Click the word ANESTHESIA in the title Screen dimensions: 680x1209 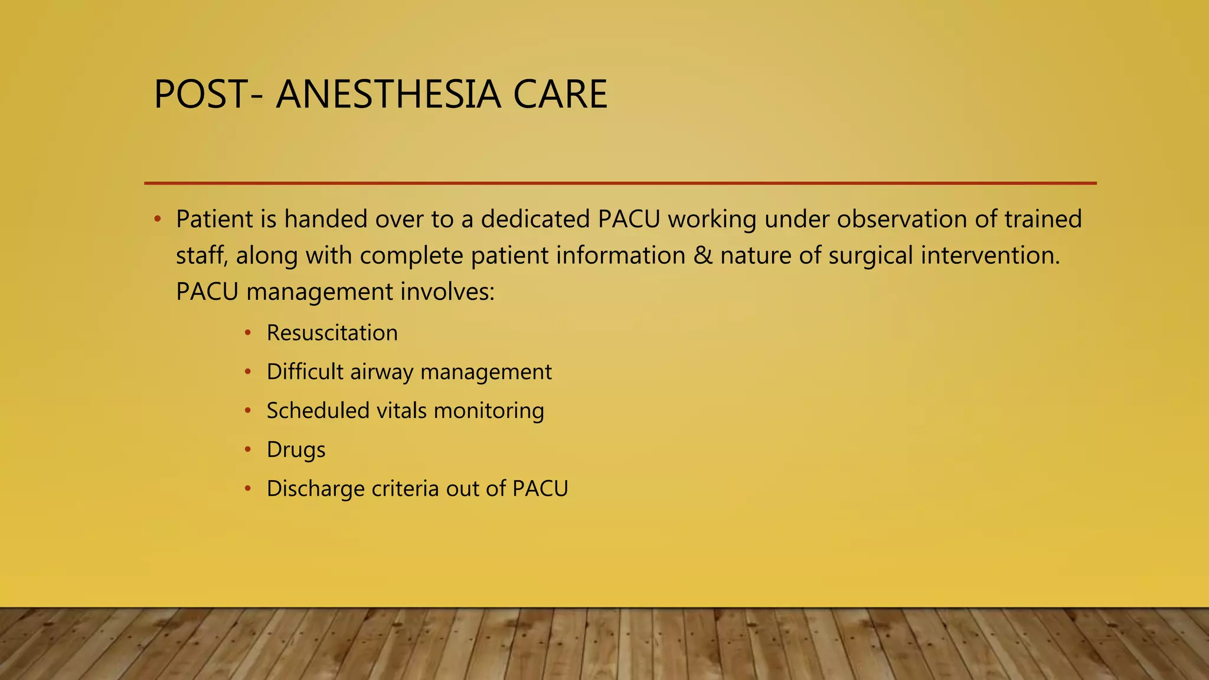388,94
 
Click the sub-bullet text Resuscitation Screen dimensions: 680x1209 332,333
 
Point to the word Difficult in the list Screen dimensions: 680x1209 305,372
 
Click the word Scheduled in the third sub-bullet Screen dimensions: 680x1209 318,411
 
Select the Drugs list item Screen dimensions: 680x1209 296,450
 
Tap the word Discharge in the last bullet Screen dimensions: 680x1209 315,489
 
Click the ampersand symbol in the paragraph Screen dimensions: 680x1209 702,256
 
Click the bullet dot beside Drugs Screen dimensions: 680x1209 249,450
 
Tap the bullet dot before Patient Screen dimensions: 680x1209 157,220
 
